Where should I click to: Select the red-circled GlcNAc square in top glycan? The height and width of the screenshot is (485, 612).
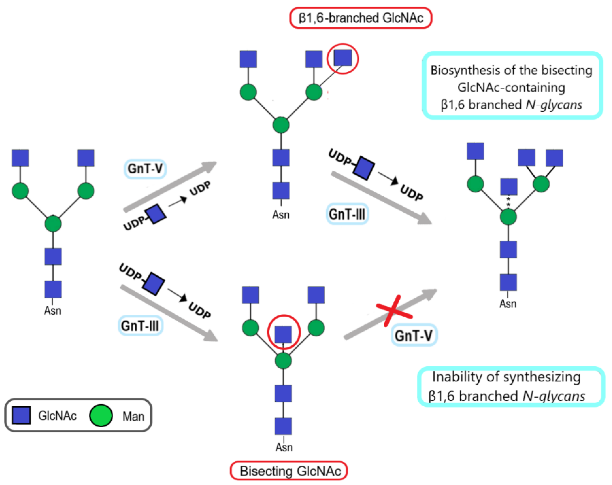tap(343, 58)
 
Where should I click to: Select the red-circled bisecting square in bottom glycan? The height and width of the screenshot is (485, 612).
tap(283, 334)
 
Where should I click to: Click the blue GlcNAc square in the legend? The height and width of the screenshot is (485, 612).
tap(21, 415)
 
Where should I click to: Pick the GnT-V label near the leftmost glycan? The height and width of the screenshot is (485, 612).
tap(145, 169)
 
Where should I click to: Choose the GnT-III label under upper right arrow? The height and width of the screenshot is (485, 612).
tap(347, 214)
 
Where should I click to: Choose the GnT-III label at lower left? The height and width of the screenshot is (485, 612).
tap(140, 326)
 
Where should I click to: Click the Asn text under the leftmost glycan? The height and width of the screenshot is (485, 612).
tap(53, 311)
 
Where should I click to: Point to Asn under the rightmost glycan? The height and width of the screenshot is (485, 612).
tap(508, 304)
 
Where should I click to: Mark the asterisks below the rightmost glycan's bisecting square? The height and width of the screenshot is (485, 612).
tap(508, 202)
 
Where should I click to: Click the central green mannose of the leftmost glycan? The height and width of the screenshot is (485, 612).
tap(53, 224)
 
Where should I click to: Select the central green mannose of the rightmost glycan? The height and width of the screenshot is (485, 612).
tap(508, 217)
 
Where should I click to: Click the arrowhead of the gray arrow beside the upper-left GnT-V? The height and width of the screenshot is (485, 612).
tap(210, 165)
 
